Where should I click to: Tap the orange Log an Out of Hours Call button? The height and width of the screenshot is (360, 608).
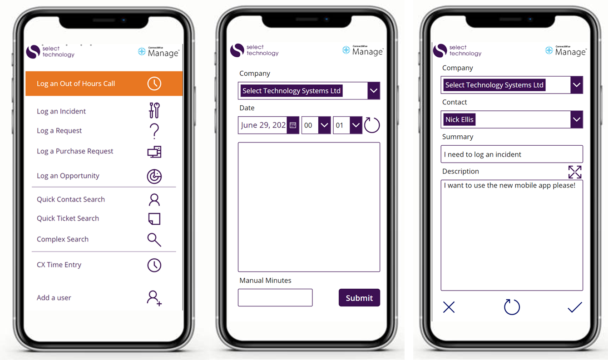[104, 84]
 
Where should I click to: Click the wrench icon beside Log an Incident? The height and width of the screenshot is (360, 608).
[154, 110]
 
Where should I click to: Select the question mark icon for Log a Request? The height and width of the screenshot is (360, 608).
[154, 131]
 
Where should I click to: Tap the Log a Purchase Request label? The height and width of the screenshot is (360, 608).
[75, 151]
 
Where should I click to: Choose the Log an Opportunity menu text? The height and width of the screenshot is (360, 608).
[68, 176]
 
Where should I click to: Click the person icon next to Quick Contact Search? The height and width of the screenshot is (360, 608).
[154, 200]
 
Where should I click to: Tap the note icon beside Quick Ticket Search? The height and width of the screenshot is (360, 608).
[154, 219]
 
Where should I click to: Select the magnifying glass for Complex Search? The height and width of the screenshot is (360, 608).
[154, 240]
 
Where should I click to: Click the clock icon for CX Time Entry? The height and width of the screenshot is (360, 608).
[154, 265]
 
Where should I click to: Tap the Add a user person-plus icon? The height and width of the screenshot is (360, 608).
[154, 298]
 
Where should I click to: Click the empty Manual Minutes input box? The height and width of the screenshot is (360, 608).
[275, 298]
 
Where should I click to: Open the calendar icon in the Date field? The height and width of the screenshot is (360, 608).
[293, 125]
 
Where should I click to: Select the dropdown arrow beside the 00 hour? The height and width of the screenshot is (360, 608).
[324, 125]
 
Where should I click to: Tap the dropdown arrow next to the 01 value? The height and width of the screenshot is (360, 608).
[356, 125]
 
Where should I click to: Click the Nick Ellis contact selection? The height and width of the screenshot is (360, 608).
[460, 120]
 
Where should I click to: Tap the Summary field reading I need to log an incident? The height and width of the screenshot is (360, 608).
[512, 154]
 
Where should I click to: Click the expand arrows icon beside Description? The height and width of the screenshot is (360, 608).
[575, 172]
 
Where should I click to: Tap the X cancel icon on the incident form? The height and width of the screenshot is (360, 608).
[449, 307]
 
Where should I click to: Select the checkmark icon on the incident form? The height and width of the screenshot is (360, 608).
[575, 307]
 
